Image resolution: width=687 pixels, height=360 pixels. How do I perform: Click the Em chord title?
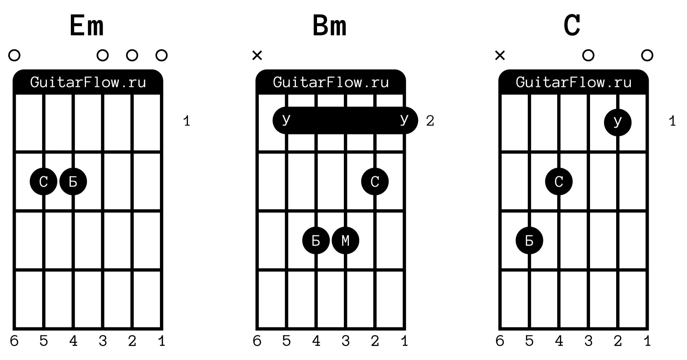point(87,26)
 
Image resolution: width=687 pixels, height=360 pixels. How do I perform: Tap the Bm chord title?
point(330,26)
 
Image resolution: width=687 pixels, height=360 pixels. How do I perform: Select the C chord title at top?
point(572,25)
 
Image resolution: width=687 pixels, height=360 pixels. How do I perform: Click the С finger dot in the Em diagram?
point(44,182)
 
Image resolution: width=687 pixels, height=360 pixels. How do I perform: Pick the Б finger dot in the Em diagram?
point(73,182)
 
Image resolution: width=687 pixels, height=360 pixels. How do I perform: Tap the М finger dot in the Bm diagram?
point(345,240)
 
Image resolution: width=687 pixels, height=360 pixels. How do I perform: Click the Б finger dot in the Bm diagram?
point(316,240)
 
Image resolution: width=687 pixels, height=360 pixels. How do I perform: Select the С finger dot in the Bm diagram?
point(375,182)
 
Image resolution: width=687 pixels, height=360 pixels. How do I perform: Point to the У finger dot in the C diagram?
point(618,122)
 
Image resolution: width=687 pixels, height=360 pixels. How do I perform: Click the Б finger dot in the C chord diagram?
point(529,240)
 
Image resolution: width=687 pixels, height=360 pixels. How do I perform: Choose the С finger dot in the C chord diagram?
point(559,182)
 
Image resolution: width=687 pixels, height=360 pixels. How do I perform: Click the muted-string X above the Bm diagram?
point(257,55)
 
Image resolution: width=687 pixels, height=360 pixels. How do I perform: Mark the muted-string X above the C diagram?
point(500,55)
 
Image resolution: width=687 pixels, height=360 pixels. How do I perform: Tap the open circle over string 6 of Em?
point(14,55)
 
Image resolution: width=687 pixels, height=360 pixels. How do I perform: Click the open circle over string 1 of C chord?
point(647,55)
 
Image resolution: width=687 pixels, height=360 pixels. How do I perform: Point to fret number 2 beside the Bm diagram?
point(430,121)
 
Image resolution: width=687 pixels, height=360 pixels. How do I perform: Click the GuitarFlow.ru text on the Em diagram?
point(88,82)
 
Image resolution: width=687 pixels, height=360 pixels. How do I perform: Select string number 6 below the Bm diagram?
point(257,341)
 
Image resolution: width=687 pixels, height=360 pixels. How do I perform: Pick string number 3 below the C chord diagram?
point(589,341)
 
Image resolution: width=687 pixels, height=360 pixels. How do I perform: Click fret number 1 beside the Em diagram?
point(186,121)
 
